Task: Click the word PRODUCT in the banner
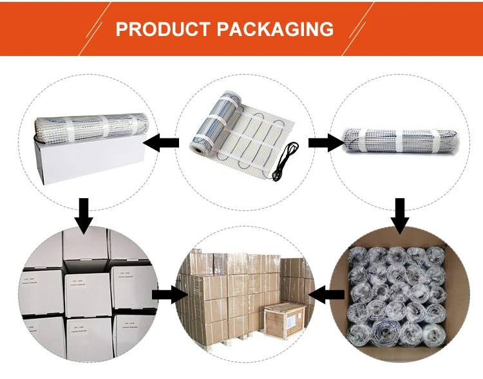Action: click(x=163, y=29)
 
